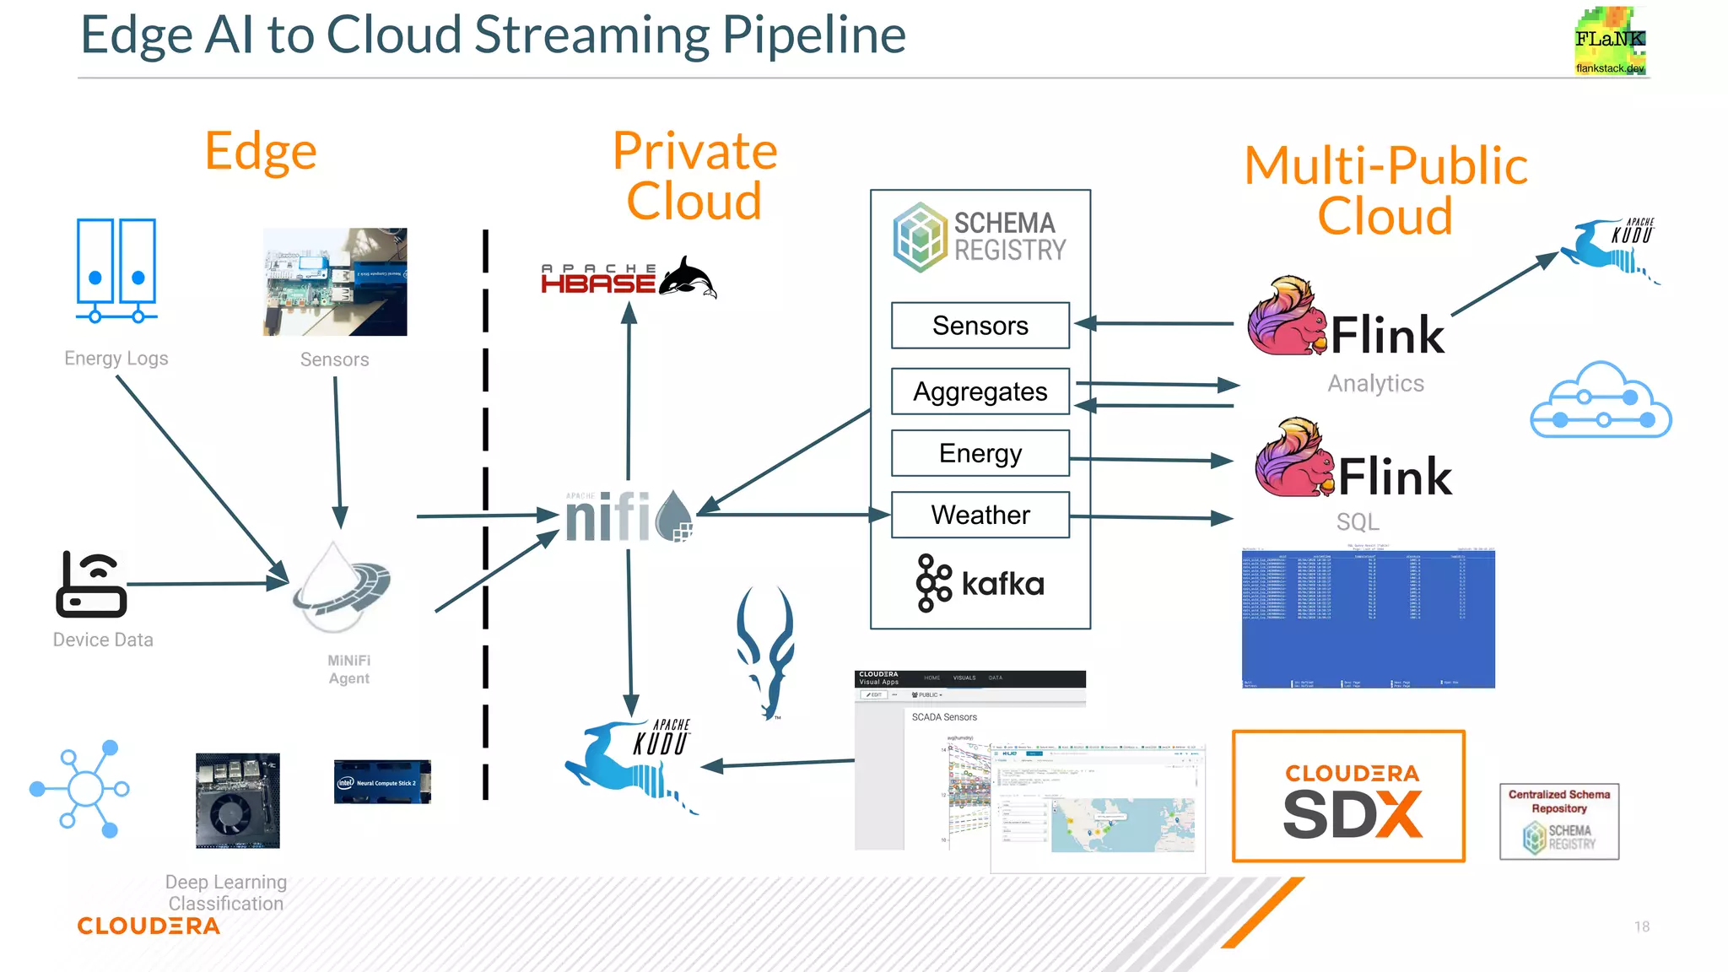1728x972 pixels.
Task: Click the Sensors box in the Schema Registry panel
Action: point(980,326)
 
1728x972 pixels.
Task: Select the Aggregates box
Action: point(980,391)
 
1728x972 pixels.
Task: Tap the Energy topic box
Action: point(980,453)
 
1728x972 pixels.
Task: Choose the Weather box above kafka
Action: point(980,515)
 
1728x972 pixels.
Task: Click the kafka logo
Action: point(980,583)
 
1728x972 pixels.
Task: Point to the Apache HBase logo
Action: point(628,278)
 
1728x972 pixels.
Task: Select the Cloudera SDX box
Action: point(1348,796)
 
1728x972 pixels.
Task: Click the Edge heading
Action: point(261,152)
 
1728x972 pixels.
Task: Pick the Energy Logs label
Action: point(116,359)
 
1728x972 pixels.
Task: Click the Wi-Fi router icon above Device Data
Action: point(92,584)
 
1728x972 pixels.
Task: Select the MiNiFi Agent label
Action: point(348,669)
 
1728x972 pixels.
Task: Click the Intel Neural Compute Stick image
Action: point(382,781)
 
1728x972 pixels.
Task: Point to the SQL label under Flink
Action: point(1357,522)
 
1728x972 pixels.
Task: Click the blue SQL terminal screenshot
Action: point(1368,618)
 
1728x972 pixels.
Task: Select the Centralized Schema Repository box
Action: point(1558,821)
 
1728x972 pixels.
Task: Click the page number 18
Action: point(1641,926)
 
